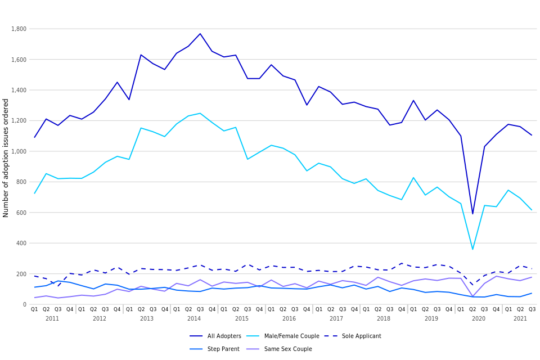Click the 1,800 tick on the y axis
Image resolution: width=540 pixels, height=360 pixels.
pos(19,29)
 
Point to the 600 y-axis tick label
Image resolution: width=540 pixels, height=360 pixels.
pos(21,213)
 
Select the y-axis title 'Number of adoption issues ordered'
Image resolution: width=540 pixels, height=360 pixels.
pos(6,157)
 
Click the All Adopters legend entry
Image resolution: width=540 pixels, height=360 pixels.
pos(224,336)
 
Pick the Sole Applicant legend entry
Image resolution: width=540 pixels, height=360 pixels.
pos(361,336)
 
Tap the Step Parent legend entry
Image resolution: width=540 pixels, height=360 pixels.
pos(223,349)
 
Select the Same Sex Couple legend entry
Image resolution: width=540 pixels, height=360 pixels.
pos(288,349)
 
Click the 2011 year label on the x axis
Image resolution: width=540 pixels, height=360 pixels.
pos(52,319)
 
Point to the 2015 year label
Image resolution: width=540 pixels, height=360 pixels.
pos(242,319)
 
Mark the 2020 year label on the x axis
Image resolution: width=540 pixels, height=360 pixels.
pos(479,319)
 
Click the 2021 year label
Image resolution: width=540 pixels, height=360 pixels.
pos(520,319)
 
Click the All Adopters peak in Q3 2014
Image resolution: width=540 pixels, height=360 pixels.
pos(200,34)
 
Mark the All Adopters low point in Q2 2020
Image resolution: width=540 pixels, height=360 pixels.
pos(472,214)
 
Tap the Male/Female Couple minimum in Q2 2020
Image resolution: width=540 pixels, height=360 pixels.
pos(472,249)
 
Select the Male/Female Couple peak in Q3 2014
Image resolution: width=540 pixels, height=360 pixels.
pos(200,113)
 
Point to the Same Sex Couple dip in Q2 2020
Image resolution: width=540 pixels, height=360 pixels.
pos(472,296)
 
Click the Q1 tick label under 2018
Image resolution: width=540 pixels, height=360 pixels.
pos(366,309)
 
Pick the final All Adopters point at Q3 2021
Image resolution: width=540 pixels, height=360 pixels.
pos(532,135)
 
